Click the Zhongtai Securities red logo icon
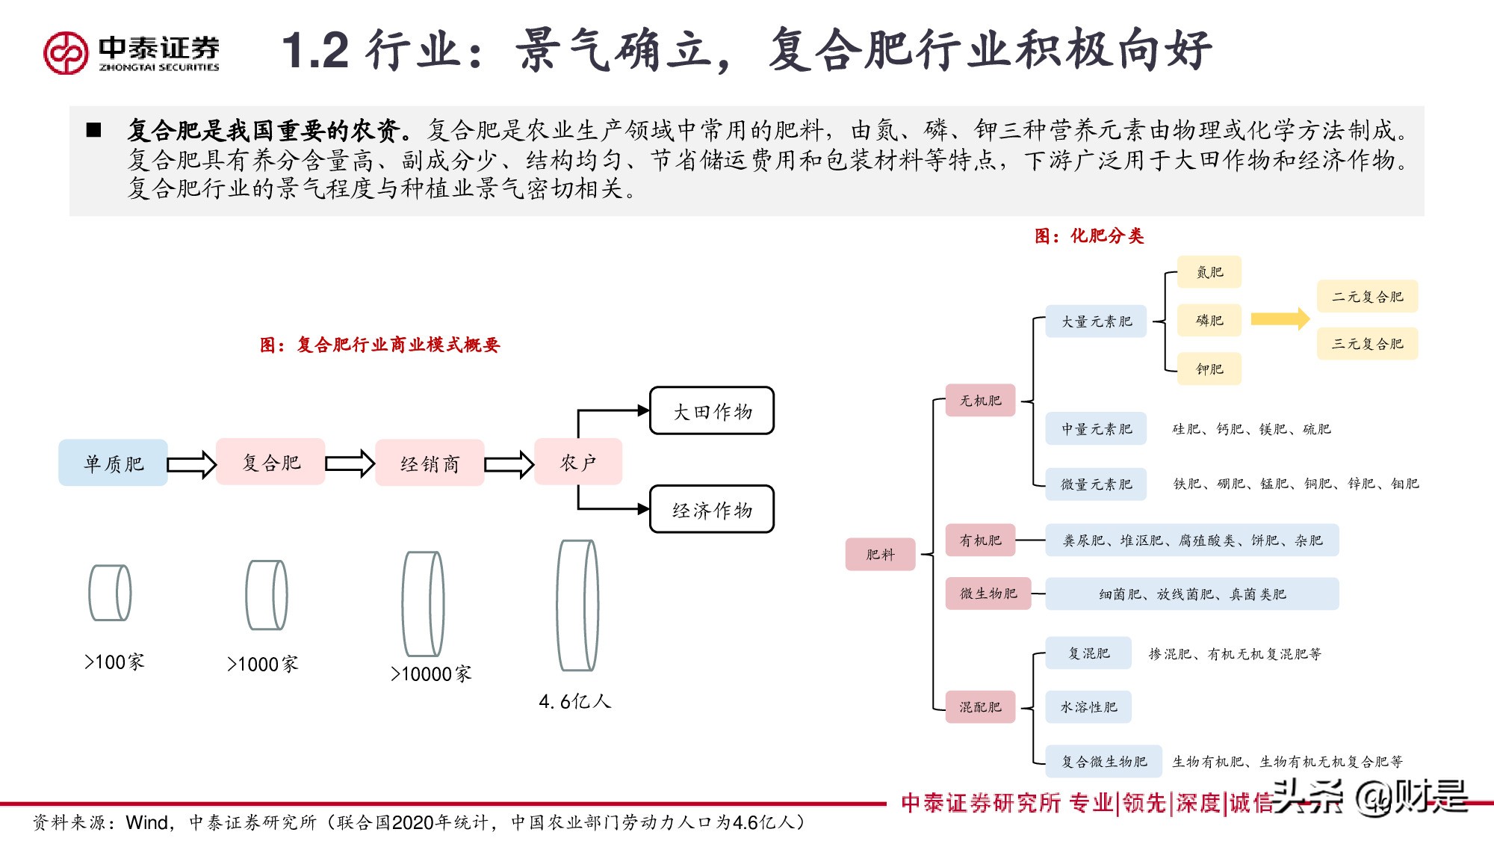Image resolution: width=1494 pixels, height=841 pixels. click(66, 52)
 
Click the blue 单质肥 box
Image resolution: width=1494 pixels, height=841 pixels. click(113, 463)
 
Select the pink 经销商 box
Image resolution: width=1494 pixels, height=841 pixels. click(430, 463)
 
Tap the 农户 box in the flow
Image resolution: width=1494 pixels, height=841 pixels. click(578, 462)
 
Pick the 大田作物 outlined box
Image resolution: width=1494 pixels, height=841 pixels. click(712, 411)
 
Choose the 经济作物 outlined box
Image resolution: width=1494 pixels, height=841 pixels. click(712, 510)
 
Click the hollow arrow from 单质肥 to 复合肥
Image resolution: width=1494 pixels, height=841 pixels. click(191, 464)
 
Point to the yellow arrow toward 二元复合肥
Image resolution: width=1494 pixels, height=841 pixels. click(1280, 318)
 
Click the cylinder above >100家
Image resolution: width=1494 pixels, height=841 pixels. click(110, 593)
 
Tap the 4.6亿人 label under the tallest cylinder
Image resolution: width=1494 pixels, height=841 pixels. click(575, 701)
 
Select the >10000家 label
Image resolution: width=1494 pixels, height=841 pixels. click(431, 674)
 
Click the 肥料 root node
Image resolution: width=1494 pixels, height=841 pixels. click(880, 554)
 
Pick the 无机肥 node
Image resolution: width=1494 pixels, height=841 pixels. click(980, 401)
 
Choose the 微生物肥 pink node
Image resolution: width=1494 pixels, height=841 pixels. click(988, 594)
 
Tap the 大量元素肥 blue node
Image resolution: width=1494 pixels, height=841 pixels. click(1096, 321)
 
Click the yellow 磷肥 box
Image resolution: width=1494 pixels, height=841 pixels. click(1209, 320)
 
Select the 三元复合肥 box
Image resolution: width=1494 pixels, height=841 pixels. click(1367, 344)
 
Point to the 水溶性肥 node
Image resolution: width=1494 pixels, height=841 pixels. click(1088, 707)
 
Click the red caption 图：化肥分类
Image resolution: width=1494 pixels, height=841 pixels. click(1088, 236)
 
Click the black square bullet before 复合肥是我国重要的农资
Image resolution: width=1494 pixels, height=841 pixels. click(94, 130)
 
